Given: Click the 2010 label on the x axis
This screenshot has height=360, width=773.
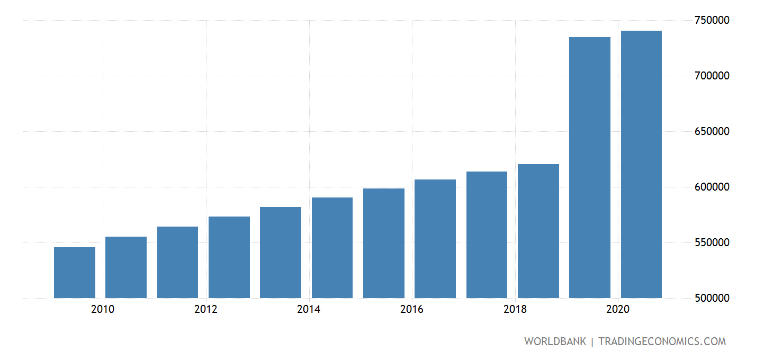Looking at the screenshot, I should click(102, 310).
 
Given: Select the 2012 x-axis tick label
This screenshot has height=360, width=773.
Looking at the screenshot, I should click(205, 310).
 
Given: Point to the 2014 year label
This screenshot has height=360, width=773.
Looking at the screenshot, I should click(309, 310).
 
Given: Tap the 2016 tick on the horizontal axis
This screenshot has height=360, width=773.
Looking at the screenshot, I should click(412, 310).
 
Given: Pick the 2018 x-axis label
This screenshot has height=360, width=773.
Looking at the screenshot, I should click(515, 310).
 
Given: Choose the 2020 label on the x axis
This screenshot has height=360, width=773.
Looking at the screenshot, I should click(618, 310).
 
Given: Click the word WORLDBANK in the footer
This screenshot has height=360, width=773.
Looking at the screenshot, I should click(555, 341).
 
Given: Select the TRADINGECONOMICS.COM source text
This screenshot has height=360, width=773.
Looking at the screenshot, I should click(662, 341).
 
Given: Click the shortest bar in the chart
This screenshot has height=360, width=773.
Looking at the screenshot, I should click(75, 273).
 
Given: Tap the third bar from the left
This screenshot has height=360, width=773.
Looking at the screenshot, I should click(177, 262).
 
